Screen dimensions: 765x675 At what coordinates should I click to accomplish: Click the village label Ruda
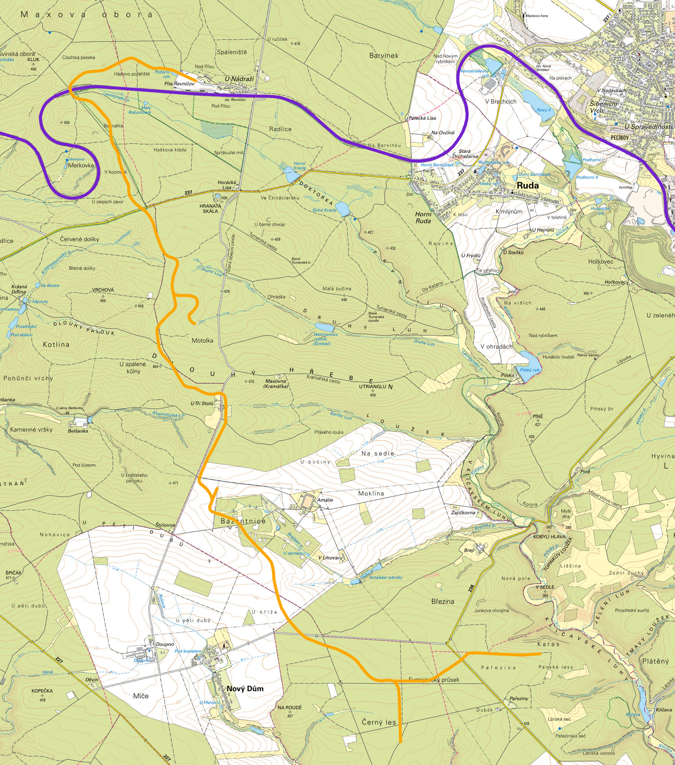(528, 185)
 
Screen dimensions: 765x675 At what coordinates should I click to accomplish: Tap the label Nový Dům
(245, 689)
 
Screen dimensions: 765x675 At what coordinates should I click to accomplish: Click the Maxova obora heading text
(87, 15)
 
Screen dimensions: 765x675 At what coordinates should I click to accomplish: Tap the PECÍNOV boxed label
(619, 137)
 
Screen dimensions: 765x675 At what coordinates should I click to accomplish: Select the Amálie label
(325, 500)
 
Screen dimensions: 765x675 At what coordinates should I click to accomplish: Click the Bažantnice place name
(243, 521)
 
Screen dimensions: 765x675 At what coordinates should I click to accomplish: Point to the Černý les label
(379, 722)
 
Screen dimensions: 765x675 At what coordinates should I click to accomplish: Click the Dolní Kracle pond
(342, 208)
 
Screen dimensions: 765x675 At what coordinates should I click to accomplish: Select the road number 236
(471, 588)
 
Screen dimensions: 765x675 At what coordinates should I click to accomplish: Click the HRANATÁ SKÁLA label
(210, 209)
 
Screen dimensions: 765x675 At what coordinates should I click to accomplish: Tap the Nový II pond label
(543, 110)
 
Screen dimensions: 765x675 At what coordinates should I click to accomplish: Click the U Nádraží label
(239, 79)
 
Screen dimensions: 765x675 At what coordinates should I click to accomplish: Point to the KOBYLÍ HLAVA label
(549, 536)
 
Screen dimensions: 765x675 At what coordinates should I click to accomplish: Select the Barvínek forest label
(383, 55)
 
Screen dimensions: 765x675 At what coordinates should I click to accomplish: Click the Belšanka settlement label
(78, 431)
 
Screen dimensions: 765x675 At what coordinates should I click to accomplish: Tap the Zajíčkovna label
(463, 513)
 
